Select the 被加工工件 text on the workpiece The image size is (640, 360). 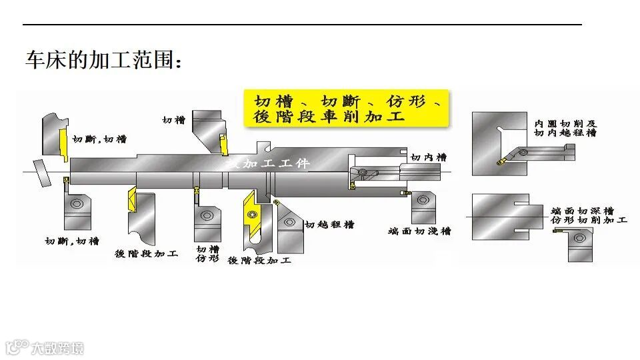click(x=267, y=163)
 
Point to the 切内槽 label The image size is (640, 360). click(x=428, y=157)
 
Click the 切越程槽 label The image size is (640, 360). click(x=330, y=225)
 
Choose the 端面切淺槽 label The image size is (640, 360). click(x=419, y=231)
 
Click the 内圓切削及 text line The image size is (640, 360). click(x=565, y=124)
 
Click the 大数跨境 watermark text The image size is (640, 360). click(x=57, y=347)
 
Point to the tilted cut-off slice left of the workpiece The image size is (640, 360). click(x=42, y=174)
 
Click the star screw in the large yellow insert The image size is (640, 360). click(x=252, y=214)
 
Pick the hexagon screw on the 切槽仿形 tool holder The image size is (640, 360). click(x=206, y=215)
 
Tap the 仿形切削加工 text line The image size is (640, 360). click(x=589, y=219)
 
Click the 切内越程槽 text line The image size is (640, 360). click(x=565, y=133)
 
